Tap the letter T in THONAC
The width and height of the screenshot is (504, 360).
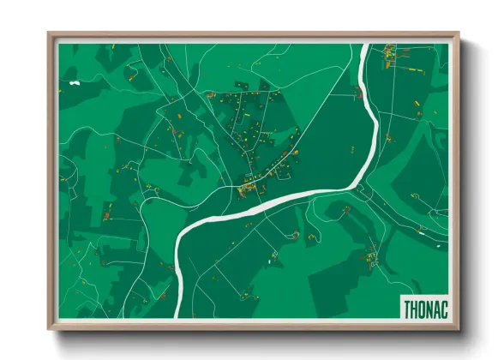[x=406, y=307]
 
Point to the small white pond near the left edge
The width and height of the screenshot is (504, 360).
[x=75, y=83]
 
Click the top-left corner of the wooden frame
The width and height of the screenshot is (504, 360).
[x=48, y=34]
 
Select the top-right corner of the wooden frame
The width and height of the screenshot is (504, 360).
[x=459, y=34]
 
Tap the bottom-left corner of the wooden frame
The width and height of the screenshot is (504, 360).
[x=48, y=329]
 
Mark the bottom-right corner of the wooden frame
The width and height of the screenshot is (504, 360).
[x=459, y=329]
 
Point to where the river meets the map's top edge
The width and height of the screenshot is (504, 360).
[x=368, y=45]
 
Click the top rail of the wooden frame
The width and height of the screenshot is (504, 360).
[x=253, y=36]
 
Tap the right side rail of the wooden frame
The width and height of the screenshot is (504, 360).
[x=455, y=180]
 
